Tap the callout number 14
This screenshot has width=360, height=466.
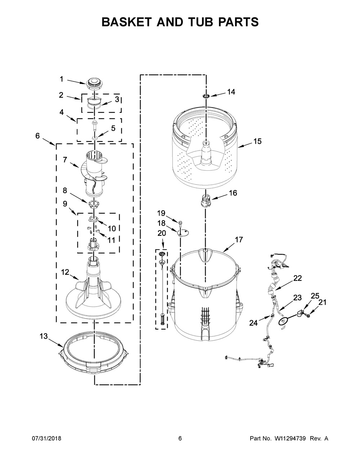(231, 92)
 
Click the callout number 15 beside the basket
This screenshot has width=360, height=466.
(257, 141)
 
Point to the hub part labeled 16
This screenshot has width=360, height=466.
(205, 201)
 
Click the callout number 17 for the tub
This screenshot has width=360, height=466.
(239, 239)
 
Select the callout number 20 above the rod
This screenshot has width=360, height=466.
(162, 233)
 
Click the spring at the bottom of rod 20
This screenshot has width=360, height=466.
(162, 319)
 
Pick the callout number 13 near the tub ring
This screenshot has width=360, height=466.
(43, 336)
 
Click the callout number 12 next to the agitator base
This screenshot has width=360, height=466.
(65, 272)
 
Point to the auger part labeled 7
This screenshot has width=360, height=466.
(94, 169)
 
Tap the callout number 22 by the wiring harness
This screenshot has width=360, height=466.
(297, 278)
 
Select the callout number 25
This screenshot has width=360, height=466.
(315, 296)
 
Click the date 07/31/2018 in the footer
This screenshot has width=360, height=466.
(46, 439)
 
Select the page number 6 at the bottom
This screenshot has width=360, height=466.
(180, 439)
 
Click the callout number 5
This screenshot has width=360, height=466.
(113, 128)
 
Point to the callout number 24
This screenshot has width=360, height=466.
(253, 323)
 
